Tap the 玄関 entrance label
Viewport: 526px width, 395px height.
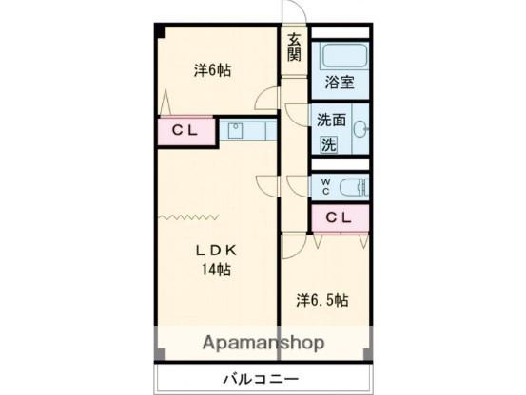294,47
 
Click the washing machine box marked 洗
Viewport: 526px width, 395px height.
327,145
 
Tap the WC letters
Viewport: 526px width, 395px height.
325,186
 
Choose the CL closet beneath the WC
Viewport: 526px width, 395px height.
340,218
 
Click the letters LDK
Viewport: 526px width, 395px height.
215,250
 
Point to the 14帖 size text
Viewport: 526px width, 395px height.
215,270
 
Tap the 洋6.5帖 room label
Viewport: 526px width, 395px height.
321,300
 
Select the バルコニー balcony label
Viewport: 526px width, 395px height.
262,378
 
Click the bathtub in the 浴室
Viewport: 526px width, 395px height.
341,56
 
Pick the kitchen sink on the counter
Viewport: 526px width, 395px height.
236,129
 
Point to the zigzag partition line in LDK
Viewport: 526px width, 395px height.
185,216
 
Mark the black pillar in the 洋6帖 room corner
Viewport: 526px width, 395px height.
162,32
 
